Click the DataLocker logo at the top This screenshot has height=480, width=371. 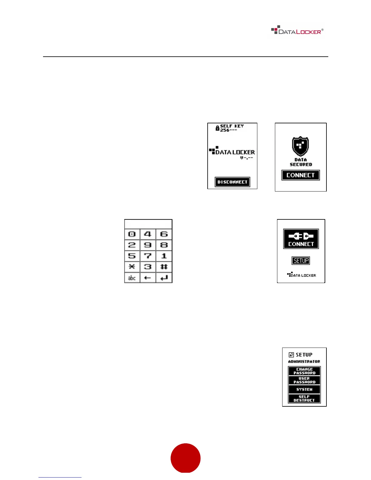(297, 31)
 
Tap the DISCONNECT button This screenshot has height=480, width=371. (232, 182)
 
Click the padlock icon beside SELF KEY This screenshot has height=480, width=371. (217, 128)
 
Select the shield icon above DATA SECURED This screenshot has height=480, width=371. (300, 146)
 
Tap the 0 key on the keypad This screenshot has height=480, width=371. (132, 234)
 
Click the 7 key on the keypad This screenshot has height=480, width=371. (148, 256)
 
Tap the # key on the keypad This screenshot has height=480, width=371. (164, 267)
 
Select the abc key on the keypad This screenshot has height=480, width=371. (132, 278)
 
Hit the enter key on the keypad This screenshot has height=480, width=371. (164, 278)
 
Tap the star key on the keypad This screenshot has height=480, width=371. (132, 267)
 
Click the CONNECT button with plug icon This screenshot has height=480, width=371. (301, 239)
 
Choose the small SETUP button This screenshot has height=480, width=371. (301, 261)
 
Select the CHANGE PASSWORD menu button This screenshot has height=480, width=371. (304, 371)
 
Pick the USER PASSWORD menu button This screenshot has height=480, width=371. (304, 380)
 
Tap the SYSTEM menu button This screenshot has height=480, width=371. (304, 389)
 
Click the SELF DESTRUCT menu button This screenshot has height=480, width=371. (304, 398)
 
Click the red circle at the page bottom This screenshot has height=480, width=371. (185, 458)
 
